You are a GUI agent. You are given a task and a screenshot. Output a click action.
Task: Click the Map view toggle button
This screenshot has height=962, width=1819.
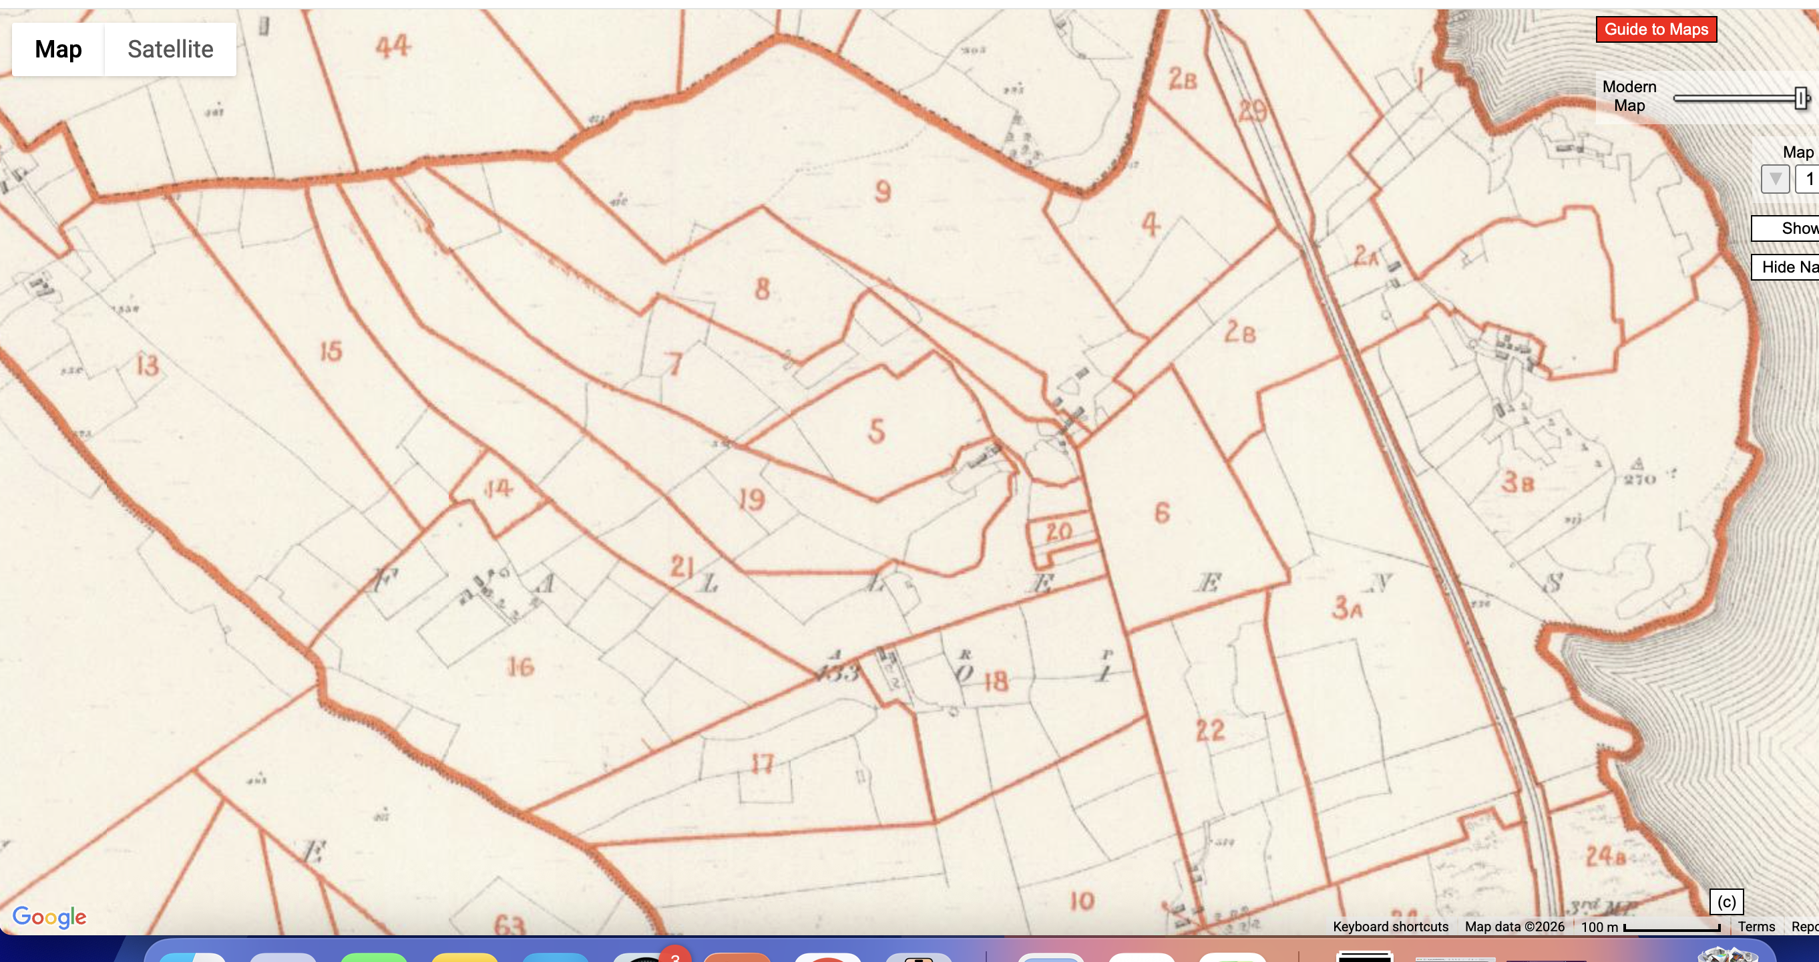59,49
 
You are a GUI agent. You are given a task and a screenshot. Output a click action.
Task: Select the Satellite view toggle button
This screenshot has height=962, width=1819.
170,49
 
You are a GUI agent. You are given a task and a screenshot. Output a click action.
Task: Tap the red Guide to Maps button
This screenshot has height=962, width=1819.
1655,29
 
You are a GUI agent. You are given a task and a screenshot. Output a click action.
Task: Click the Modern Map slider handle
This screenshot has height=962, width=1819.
1802,98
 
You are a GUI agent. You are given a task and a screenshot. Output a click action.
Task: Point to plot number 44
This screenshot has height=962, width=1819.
393,47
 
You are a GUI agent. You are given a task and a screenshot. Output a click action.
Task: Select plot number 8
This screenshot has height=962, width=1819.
762,289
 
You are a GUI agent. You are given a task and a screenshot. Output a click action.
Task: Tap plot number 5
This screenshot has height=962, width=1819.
876,431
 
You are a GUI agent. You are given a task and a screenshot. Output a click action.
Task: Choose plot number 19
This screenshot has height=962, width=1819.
751,499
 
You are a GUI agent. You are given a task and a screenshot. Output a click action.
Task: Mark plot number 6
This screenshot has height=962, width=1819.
1162,513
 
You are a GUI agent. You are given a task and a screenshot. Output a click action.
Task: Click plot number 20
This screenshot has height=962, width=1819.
1058,532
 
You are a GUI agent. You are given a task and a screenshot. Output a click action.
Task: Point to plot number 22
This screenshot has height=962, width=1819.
1209,730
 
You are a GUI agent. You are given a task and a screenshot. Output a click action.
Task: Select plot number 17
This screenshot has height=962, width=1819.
762,764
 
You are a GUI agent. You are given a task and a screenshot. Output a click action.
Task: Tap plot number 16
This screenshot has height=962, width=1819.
520,667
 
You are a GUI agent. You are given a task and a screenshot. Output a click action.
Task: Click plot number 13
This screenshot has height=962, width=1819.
147,365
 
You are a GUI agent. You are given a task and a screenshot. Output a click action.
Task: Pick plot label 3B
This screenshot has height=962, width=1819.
1517,483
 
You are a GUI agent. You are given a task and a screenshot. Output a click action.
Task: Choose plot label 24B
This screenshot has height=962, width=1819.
1605,856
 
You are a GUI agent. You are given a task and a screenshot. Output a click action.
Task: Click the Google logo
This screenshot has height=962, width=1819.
49,917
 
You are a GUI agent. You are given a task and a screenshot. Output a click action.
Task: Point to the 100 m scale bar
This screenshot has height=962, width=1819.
1671,927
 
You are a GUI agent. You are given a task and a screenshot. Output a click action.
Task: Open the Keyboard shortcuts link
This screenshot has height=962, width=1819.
1390,927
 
